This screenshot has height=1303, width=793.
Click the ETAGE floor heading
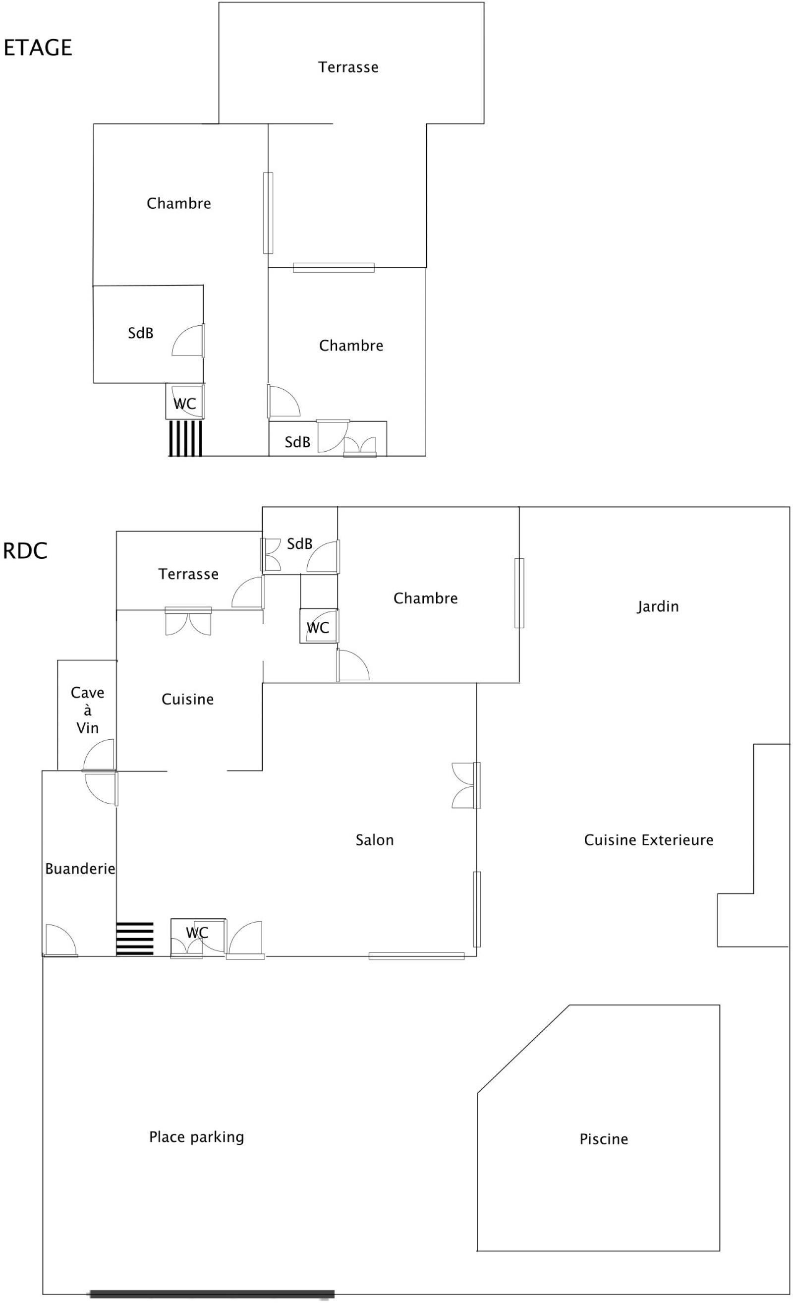pos(38,48)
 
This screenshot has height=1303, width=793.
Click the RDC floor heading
pos(25,551)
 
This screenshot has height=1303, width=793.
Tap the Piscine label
pos(604,1139)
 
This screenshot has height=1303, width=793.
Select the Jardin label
pos(658,606)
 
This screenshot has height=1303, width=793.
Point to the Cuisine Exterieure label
pos(649,840)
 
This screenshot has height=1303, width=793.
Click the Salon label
pos(374,840)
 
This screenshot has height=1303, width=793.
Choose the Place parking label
pos(197,1137)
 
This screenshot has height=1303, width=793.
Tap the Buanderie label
pos(80,868)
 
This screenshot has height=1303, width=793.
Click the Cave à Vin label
pos(87,710)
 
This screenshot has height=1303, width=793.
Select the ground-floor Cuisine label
pos(188,699)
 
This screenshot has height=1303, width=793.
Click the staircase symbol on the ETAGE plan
pos(185,438)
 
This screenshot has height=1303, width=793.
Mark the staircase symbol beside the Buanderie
pos(135,939)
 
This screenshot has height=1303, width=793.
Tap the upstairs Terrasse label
pos(348,67)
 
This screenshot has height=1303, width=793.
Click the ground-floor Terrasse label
pos(188,574)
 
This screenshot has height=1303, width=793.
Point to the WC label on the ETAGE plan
pos(184,404)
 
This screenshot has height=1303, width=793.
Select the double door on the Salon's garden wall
pos(466,785)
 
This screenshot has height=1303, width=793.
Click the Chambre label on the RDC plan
pos(426,598)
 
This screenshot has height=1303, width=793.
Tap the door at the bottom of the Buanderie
pos(60,941)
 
